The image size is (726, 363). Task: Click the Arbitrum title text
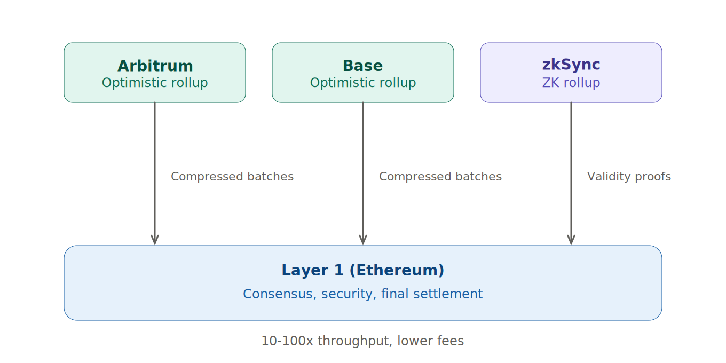tap(155, 66)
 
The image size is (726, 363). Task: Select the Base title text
tap(362, 66)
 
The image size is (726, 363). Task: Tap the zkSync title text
tap(571, 65)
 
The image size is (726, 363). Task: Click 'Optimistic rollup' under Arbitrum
tap(155, 83)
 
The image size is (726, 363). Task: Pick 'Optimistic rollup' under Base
tap(362, 83)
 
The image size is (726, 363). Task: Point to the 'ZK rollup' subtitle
tap(571, 83)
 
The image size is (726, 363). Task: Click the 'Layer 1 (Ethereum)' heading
tap(362, 271)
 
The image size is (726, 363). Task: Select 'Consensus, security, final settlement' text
tap(362, 294)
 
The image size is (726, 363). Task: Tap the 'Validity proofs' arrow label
tap(629, 177)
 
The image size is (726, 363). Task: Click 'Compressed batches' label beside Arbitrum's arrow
tap(232, 177)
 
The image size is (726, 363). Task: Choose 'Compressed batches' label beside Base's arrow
tap(440, 177)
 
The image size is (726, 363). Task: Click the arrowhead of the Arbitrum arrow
tap(155, 240)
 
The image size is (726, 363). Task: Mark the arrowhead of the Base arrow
tap(363, 240)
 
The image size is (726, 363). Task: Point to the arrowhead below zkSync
tap(571, 240)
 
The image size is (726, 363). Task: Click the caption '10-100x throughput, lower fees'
tap(362, 341)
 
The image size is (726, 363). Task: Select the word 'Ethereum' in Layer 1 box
tap(397, 271)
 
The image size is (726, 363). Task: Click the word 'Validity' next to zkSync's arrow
tap(605, 177)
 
